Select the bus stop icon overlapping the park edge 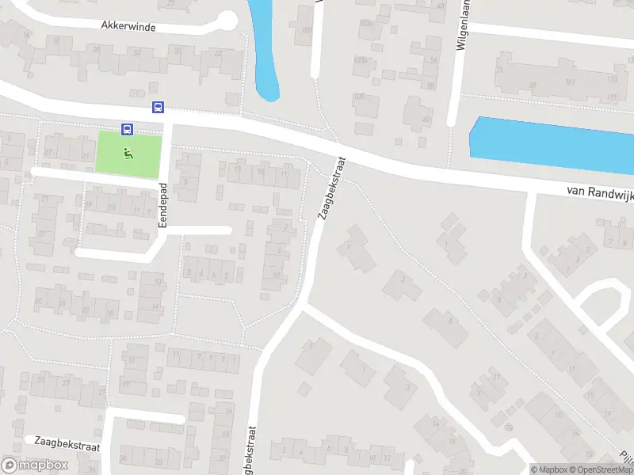[127, 129]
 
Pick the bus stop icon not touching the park [158, 107]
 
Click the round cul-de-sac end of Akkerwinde [227, 20]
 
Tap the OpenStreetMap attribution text [602, 469]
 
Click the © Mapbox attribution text [548, 469]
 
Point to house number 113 [611, 80]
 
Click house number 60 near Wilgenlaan [431, 85]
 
